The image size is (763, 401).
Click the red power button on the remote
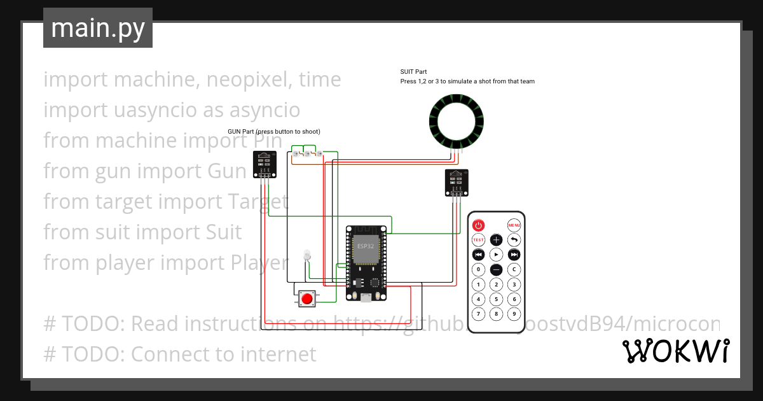(478, 225)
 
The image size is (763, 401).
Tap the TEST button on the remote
(478, 240)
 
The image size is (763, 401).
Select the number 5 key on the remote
(497, 299)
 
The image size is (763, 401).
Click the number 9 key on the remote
(514, 314)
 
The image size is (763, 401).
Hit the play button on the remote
(497, 255)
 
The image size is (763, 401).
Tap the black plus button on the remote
(497, 240)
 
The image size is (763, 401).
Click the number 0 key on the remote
(478, 269)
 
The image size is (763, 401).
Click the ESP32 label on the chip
(366, 246)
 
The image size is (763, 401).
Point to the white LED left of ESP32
(306, 255)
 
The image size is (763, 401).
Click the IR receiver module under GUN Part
(265, 164)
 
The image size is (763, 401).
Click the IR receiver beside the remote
(456, 182)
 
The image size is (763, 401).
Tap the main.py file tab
(98, 28)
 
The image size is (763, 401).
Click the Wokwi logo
(675, 351)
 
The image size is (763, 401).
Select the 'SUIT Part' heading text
(413, 72)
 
